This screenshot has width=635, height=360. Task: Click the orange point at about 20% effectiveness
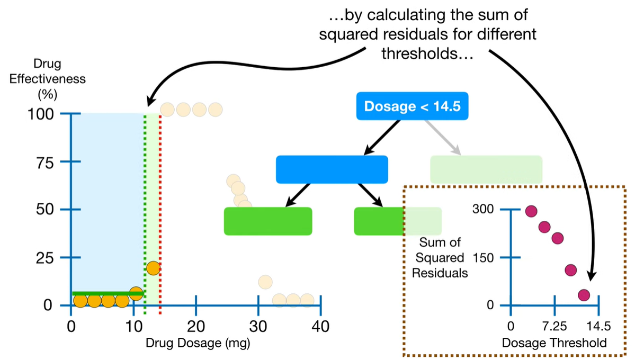(153, 268)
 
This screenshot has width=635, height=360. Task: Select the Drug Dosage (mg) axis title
(198, 343)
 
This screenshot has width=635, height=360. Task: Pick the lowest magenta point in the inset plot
(584, 295)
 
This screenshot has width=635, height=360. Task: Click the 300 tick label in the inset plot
(482, 210)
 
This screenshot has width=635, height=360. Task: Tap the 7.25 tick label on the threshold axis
(553, 325)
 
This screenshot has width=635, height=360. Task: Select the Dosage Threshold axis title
(554, 343)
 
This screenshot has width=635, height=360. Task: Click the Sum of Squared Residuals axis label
(440, 258)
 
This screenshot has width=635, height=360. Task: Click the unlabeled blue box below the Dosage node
(332, 169)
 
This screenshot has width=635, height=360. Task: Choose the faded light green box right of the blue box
(486, 169)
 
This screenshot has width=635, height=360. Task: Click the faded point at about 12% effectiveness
(265, 282)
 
